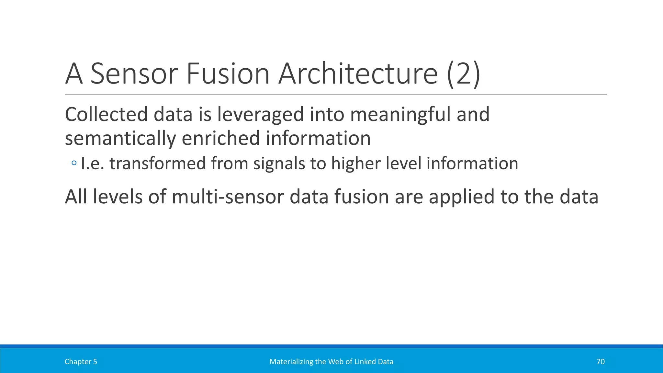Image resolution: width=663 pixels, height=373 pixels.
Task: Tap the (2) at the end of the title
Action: (x=464, y=74)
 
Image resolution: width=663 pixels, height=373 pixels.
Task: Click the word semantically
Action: (x=120, y=139)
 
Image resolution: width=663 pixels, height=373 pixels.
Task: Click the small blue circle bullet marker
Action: (x=74, y=163)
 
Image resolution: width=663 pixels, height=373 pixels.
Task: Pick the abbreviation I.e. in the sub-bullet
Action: (x=92, y=164)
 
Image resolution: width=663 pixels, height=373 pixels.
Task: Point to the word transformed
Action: (x=157, y=164)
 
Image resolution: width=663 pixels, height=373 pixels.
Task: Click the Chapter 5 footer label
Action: (x=81, y=362)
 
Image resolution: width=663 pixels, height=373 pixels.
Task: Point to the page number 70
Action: (x=600, y=362)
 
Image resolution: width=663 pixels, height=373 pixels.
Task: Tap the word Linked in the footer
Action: (x=365, y=362)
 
